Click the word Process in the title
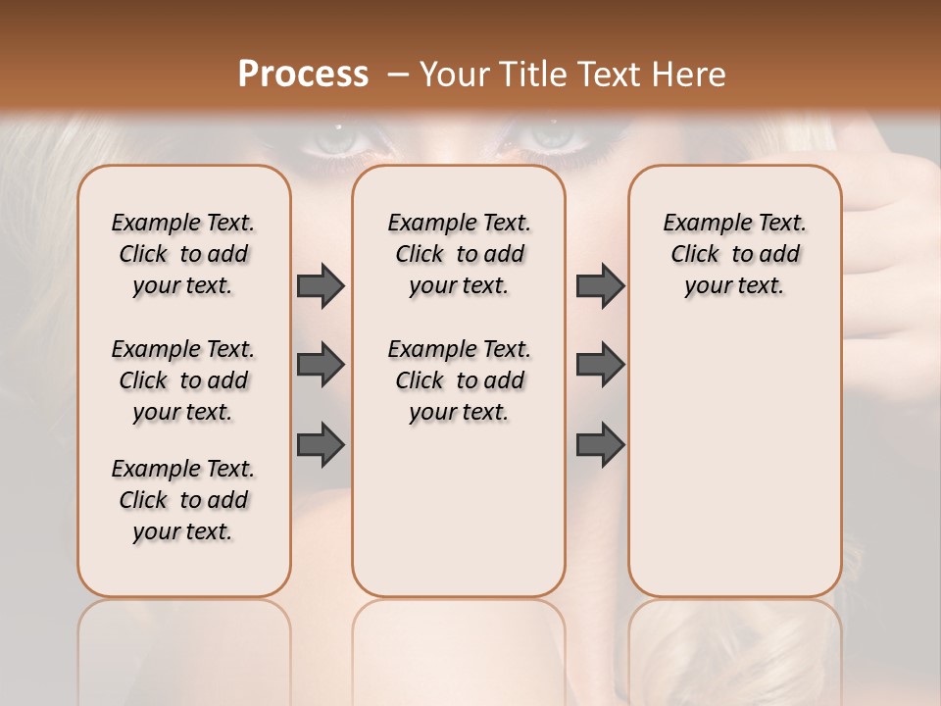tap(303, 75)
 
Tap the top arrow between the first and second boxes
tap(321, 286)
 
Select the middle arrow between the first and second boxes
tap(321, 366)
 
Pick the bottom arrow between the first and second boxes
tap(321, 445)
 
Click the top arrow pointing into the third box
tap(600, 286)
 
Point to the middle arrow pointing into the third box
tap(600, 366)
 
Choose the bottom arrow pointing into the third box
tap(600, 445)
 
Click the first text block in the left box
tap(183, 254)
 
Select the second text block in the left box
tap(183, 380)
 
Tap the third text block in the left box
tap(183, 500)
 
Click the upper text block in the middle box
tap(459, 254)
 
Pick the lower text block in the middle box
tap(459, 380)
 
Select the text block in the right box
tap(735, 254)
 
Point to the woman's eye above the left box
tap(338, 140)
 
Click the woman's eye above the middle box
tap(554, 137)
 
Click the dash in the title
tap(399, 75)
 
